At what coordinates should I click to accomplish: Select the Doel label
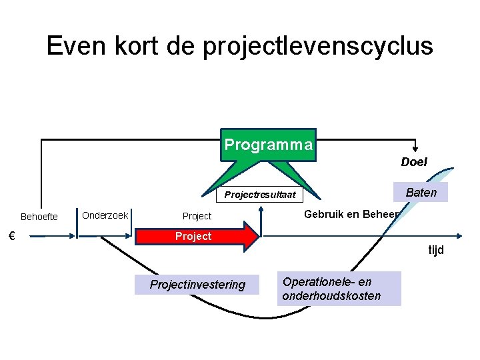coord(414,162)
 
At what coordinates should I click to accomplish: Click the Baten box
coord(421,193)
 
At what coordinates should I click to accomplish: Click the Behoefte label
coord(39,217)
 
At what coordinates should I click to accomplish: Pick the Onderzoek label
coord(105,215)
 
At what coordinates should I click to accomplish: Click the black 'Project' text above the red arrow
coord(197,216)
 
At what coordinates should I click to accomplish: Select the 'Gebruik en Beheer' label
coord(351,214)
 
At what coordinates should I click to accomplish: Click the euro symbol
coord(11,235)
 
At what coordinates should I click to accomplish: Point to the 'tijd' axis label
coord(436,250)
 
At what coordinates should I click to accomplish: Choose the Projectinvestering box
coord(197,285)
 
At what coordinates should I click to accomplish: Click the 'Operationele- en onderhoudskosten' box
coord(339,289)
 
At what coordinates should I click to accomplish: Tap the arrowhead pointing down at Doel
coord(416,149)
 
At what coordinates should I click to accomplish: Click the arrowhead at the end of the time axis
coord(459,236)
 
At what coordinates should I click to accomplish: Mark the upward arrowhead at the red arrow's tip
coord(261,209)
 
